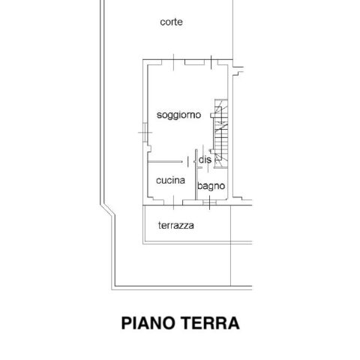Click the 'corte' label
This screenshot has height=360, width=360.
point(171,22)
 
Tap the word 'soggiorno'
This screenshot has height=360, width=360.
point(178,115)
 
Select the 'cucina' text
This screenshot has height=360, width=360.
point(170,180)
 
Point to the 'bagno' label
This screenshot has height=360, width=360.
point(211,186)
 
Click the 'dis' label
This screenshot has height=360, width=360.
point(205,160)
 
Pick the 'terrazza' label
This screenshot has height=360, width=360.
point(176,226)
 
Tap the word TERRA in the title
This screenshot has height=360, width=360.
point(210,323)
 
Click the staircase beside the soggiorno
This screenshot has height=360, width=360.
point(221,133)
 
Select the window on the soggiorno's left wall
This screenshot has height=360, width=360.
point(145,133)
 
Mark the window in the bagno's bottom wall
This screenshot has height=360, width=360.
point(209,202)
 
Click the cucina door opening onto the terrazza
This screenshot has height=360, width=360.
point(173,202)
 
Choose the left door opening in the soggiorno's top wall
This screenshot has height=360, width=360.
point(173,62)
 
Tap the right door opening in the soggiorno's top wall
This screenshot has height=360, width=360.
point(211,62)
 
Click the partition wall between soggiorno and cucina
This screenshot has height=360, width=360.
point(165,162)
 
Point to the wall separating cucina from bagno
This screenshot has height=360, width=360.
point(196,174)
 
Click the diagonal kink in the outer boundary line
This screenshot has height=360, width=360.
point(108,209)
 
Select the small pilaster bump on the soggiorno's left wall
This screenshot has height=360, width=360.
point(149,148)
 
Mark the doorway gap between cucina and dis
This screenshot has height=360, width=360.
point(191,162)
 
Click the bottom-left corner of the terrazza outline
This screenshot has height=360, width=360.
point(143,243)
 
